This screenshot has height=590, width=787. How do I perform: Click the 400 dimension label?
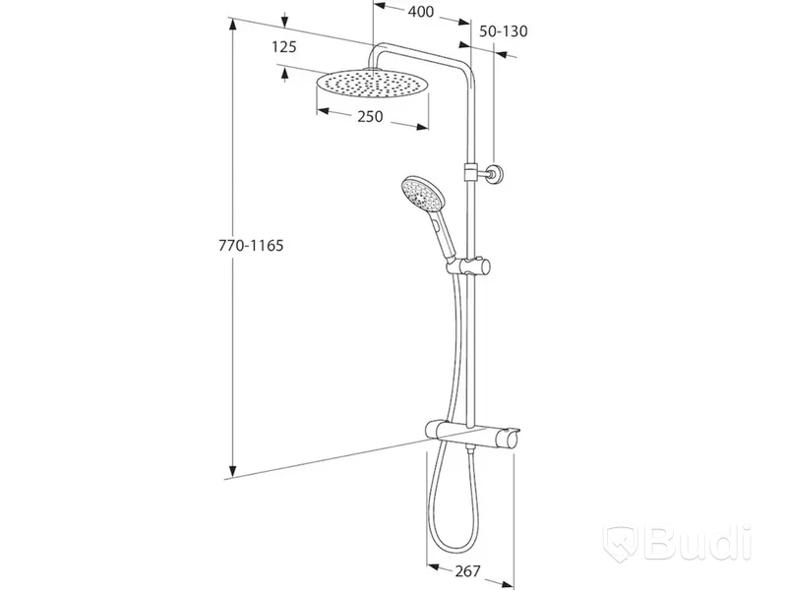click(421, 11)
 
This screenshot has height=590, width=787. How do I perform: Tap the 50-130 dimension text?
click(504, 31)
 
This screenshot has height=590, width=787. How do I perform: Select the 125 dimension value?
click(284, 46)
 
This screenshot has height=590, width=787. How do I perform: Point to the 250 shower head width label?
click(370, 116)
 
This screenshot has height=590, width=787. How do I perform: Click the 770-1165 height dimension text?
click(251, 245)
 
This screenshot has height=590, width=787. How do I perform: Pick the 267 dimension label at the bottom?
click(468, 571)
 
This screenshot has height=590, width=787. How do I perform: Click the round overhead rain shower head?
click(372, 84)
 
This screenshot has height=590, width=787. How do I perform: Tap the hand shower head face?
click(421, 195)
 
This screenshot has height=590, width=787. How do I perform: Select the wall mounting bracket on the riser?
click(484, 174)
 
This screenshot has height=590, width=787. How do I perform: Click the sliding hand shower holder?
click(468, 265)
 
